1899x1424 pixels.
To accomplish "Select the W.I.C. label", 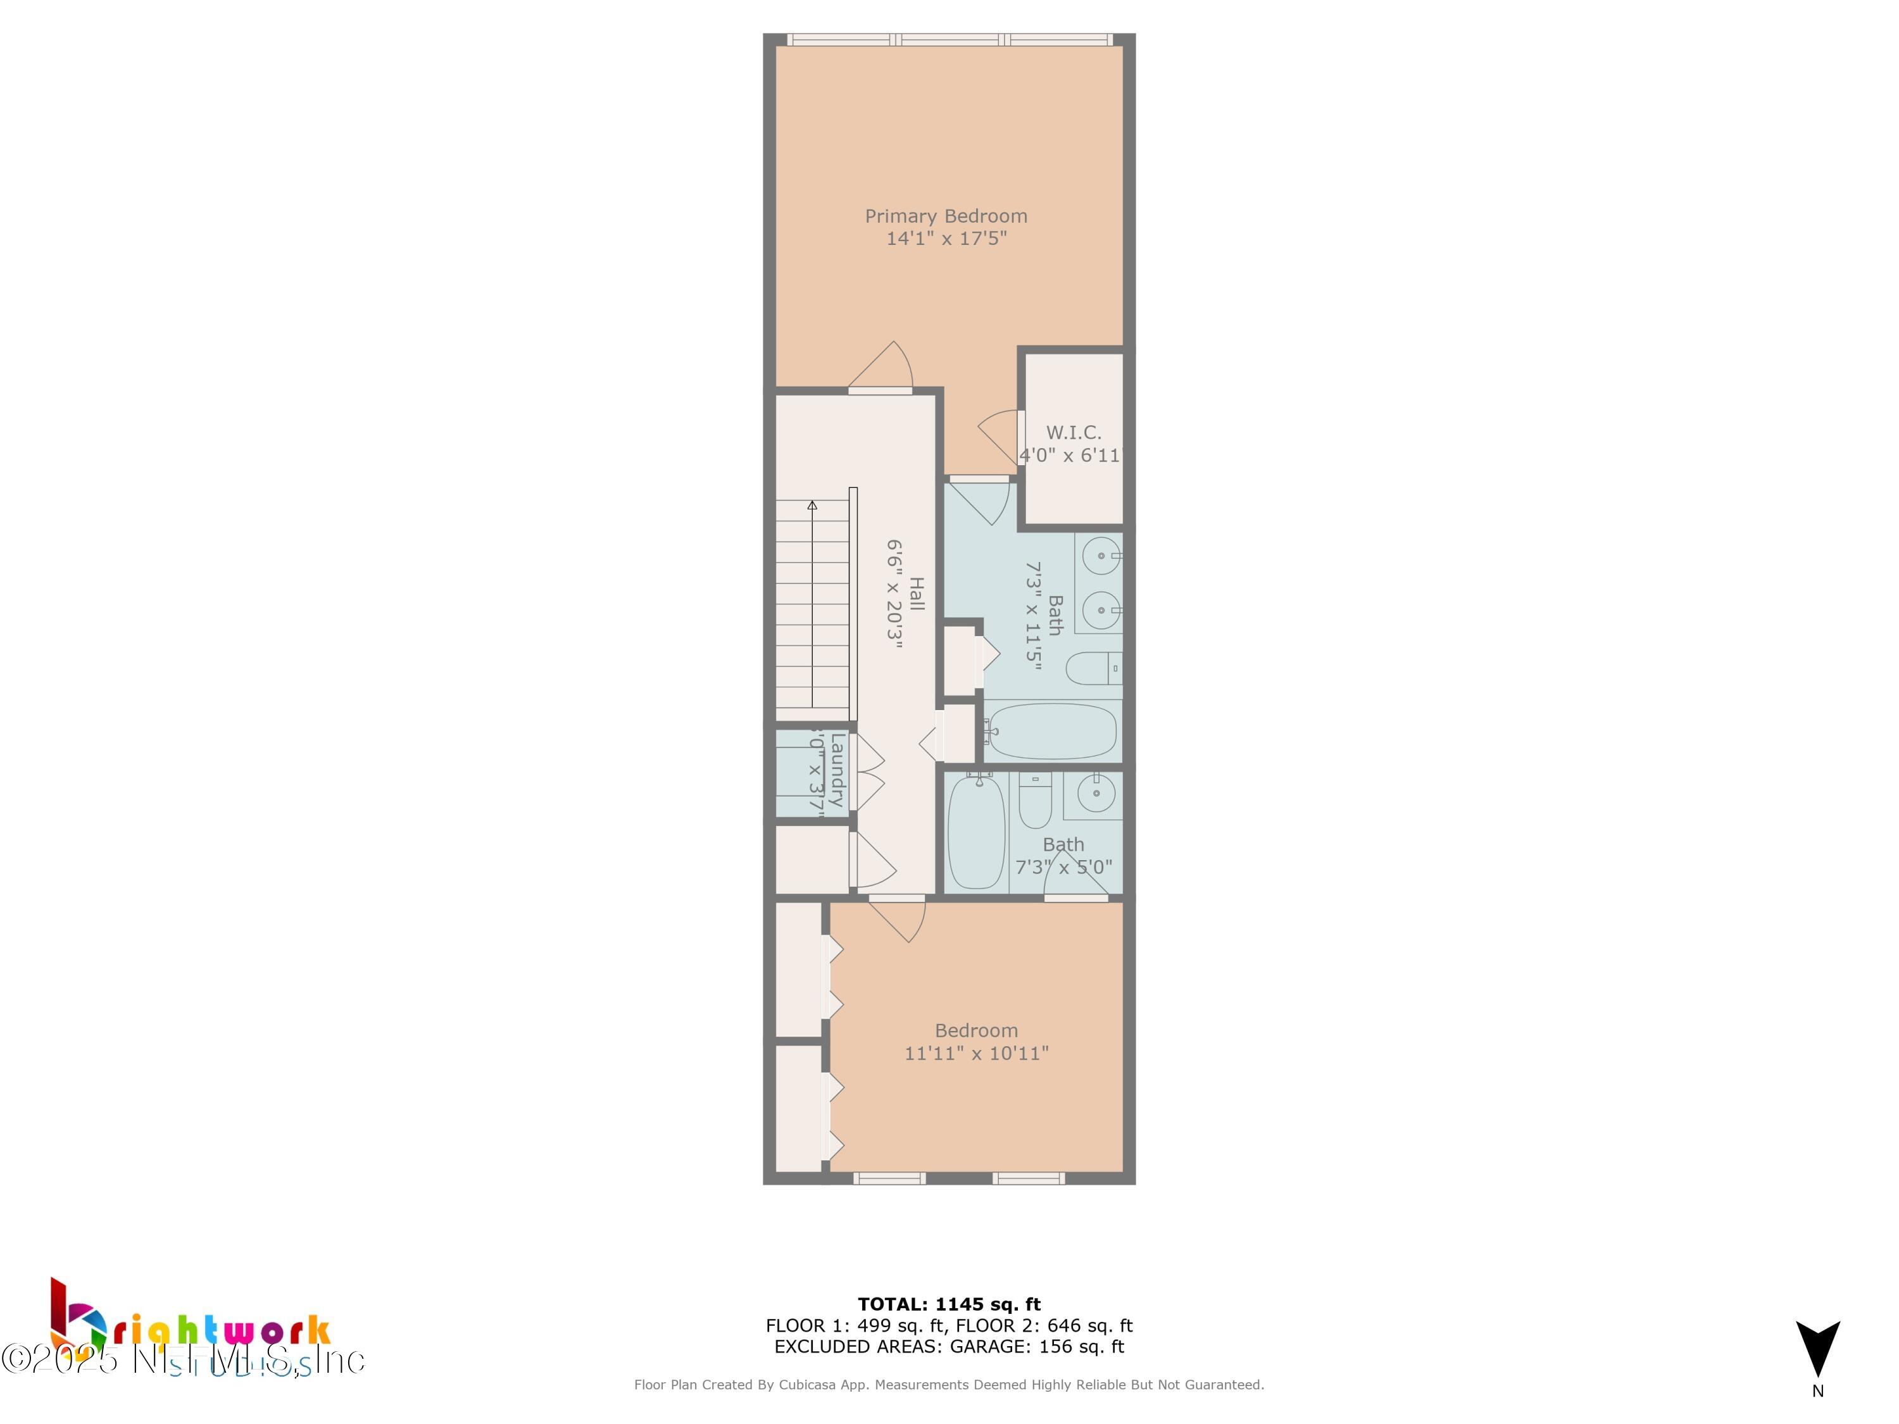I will click(1073, 433).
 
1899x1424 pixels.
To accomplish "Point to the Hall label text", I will click(917, 594).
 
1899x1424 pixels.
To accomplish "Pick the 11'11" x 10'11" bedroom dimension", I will click(976, 1053).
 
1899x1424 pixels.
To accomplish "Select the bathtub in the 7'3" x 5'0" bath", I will click(976, 832).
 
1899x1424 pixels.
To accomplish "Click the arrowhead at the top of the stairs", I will click(812, 506).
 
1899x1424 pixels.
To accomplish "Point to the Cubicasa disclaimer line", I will click(949, 1385).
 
